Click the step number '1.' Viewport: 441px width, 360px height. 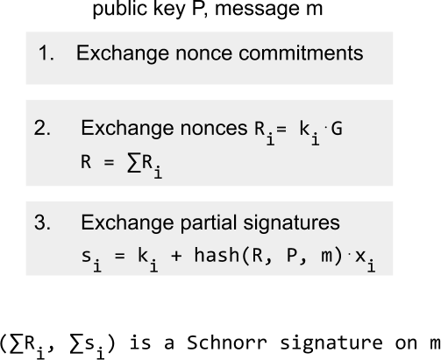click(x=46, y=53)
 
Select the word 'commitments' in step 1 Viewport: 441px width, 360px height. click(x=301, y=53)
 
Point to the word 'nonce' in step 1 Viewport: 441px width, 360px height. click(x=204, y=53)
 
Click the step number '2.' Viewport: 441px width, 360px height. click(x=42, y=128)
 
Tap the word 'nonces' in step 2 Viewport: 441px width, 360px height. click(x=214, y=129)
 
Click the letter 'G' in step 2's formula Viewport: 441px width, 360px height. click(x=337, y=129)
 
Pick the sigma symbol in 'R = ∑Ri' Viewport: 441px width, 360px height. click(x=134, y=162)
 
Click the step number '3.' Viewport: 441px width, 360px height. click(x=42, y=222)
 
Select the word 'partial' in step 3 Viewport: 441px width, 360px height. click(x=209, y=222)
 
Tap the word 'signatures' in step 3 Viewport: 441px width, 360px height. click(x=291, y=223)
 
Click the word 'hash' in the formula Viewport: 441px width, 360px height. click(x=217, y=255)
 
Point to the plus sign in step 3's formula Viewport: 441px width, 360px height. click(x=176, y=256)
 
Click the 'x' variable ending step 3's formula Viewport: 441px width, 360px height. click(x=360, y=256)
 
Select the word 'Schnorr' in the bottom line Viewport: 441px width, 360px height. click(x=227, y=342)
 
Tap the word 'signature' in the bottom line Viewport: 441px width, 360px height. click(x=331, y=343)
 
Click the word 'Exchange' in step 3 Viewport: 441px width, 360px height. click(x=127, y=222)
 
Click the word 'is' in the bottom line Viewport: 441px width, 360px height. click(x=140, y=342)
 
